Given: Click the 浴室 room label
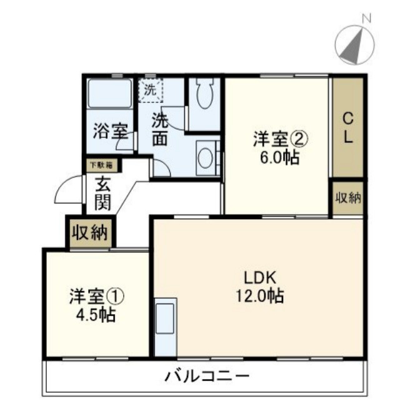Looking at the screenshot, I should (111, 132).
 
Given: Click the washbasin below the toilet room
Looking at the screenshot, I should (206, 158).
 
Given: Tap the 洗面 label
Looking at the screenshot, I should (161, 128).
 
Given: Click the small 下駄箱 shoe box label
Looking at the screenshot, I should (100, 165).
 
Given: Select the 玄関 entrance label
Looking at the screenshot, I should (103, 193).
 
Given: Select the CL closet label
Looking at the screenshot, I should (349, 127).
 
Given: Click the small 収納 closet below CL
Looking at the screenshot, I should (349, 199).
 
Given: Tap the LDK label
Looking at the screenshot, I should (260, 278).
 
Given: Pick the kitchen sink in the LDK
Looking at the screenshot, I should (166, 318).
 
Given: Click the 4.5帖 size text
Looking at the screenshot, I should (95, 314).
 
